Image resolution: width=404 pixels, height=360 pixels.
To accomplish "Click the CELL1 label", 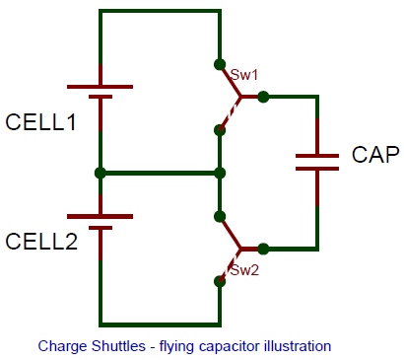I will tap(41, 123).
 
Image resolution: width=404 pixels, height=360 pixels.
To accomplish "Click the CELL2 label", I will tap(41, 242).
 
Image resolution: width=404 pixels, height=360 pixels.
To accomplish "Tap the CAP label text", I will tap(374, 156).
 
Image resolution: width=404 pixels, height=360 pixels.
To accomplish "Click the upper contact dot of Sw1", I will tap(219, 66).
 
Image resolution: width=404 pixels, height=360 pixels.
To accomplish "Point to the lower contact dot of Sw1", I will tap(219, 129).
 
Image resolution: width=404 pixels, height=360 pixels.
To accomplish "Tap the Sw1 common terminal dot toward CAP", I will tap(264, 97).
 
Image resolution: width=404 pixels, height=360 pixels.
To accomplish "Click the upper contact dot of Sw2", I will tap(219, 216).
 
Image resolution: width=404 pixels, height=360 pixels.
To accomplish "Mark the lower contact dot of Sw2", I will tap(219, 281).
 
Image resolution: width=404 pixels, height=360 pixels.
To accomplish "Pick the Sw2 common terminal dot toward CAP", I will tap(264, 250).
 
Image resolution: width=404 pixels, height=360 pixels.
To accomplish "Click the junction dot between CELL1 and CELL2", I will tap(101, 173).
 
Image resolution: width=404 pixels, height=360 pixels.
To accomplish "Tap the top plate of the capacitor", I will tap(317, 154).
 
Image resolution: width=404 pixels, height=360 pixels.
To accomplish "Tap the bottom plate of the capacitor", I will tap(317, 168).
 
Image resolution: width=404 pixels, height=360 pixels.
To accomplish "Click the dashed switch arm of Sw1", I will tap(230, 111).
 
